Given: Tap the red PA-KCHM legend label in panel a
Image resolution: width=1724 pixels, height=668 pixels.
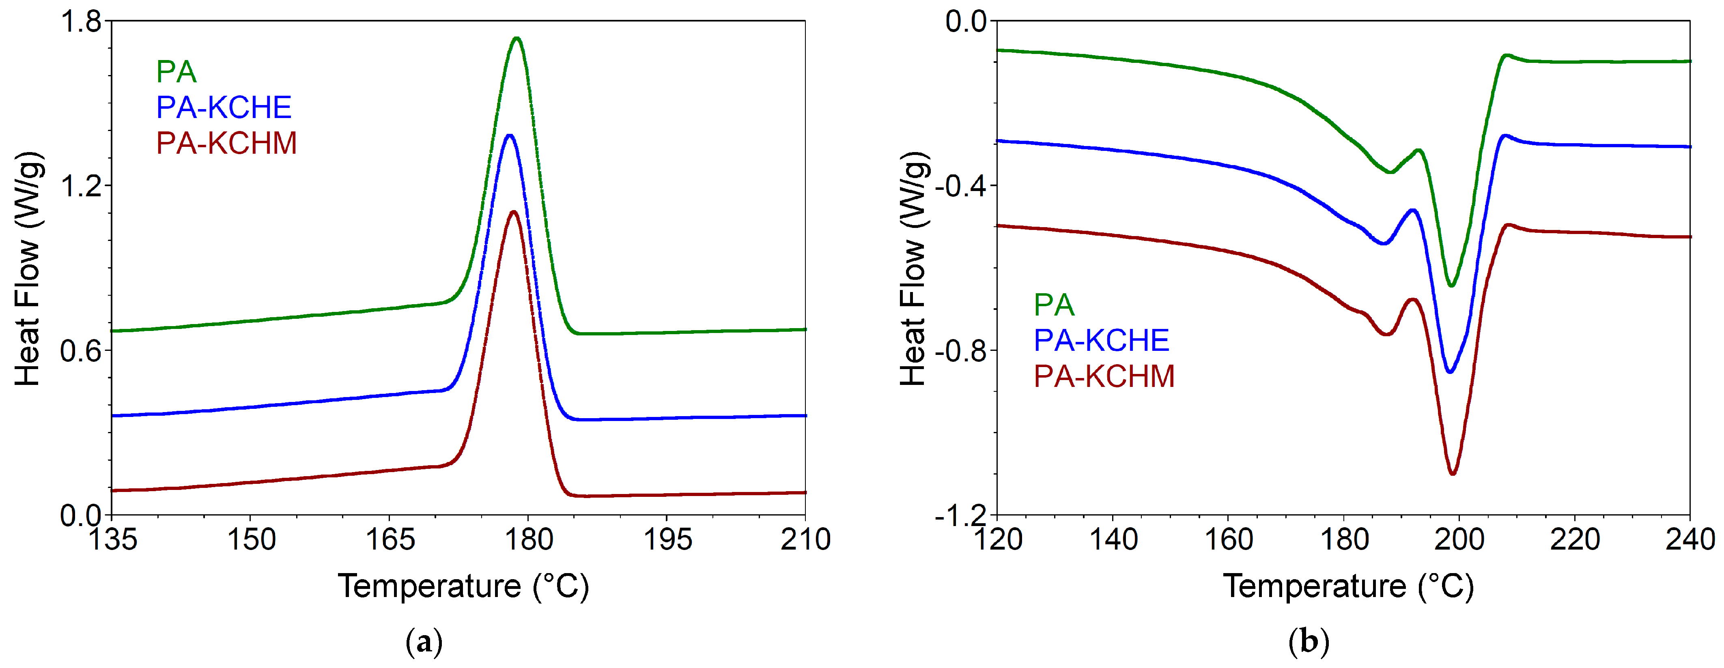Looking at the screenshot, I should pyautogui.click(x=226, y=144).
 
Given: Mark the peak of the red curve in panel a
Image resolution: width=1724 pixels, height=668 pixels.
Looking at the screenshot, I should pyautogui.click(x=513, y=212).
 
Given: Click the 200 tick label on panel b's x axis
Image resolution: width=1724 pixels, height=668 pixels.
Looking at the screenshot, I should pyautogui.click(x=1459, y=539).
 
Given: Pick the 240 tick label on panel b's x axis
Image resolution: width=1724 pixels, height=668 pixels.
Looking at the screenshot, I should pyautogui.click(x=1689, y=539).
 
